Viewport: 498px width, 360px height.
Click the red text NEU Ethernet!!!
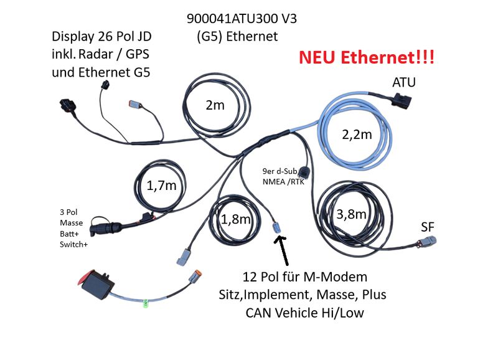367,58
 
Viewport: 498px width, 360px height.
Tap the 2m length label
215,105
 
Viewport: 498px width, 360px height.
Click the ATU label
404,83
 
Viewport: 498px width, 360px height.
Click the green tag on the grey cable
146,304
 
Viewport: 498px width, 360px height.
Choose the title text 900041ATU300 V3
242,19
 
